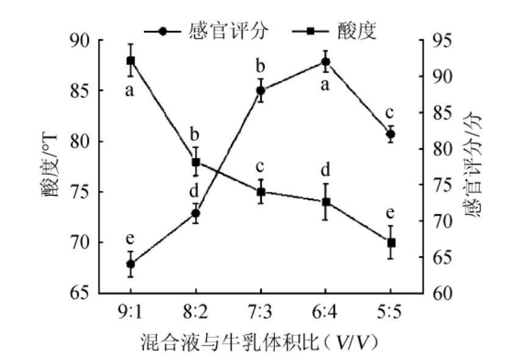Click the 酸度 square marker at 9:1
tap(130, 60)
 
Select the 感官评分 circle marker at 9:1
tap(130, 264)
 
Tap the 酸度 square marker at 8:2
tap(196, 163)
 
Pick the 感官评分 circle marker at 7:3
tap(260, 90)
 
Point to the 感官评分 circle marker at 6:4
tap(326, 62)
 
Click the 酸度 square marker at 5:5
tap(391, 242)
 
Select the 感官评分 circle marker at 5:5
tap(391, 134)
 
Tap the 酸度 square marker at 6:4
tap(326, 202)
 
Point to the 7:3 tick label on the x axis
tap(260, 312)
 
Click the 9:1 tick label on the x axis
tap(130, 312)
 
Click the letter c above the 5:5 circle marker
tap(391, 113)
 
